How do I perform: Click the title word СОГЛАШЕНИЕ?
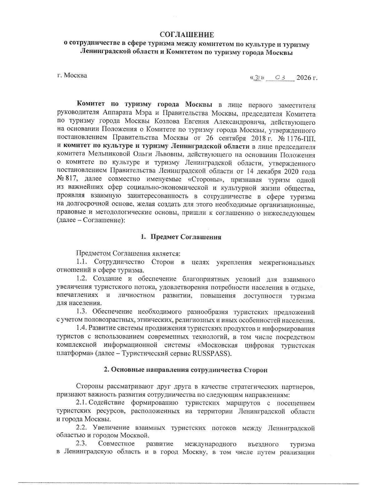(x=187, y=35)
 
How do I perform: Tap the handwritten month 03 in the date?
(x=280, y=77)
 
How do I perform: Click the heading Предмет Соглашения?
(x=186, y=237)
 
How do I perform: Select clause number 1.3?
(x=83, y=312)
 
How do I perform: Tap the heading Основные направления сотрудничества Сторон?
(x=186, y=370)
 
